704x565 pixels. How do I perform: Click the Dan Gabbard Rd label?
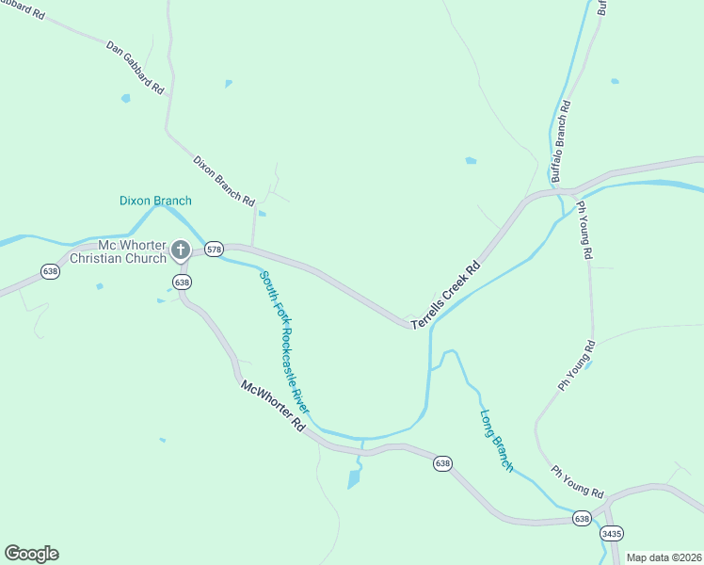(x=136, y=66)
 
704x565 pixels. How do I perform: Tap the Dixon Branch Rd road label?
(x=224, y=181)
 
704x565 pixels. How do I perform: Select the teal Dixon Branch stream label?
(x=155, y=201)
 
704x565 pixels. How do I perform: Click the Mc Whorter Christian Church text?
(x=119, y=251)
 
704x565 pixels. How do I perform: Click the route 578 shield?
(x=214, y=250)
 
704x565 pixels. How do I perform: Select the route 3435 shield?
(x=612, y=533)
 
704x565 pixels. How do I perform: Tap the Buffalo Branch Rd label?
(x=562, y=144)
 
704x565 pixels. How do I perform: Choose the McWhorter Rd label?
(x=274, y=406)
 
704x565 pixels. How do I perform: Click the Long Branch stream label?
(x=497, y=440)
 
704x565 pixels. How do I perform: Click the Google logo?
(x=32, y=554)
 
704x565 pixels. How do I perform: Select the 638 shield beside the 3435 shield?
(x=582, y=519)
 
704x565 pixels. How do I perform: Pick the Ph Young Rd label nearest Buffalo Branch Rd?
(x=584, y=230)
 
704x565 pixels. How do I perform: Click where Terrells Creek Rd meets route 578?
(x=412, y=325)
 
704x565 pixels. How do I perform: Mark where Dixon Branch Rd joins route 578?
(x=252, y=248)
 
